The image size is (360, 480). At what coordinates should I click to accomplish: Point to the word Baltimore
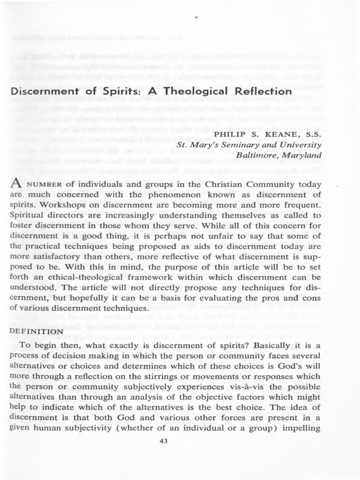(259, 155)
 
